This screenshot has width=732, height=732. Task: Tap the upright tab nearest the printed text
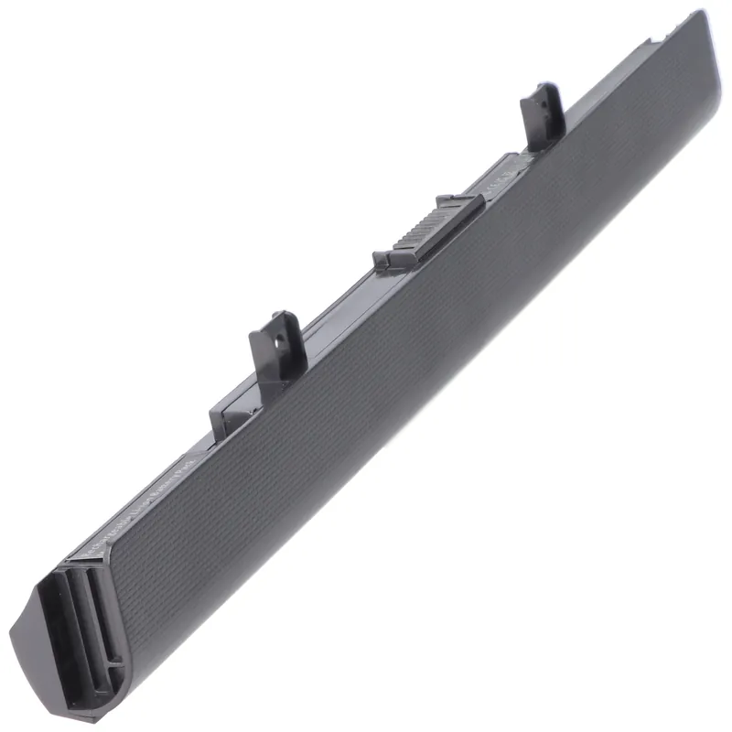(274, 345)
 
